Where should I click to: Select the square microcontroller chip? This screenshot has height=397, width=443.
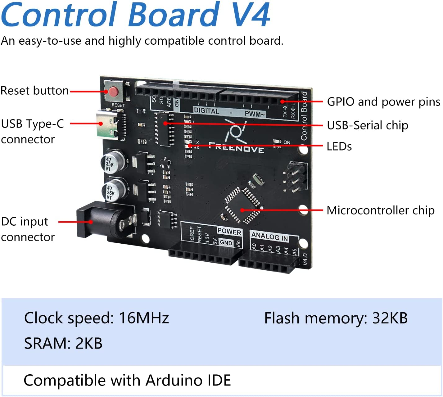[x=242, y=205]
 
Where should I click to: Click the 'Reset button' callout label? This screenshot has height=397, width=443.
[x=35, y=91]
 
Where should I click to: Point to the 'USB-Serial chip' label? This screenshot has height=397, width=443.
[x=368, y=125]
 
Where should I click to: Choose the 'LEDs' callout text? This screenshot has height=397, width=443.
[x=339, y=147]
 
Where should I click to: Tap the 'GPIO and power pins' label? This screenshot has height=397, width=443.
[x=384, y=102]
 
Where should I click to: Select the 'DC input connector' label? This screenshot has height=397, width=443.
[x=28, y=229]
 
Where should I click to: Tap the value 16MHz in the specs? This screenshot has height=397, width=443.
[x=144, y=318]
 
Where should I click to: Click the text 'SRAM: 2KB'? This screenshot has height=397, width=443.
[x=63, y=344]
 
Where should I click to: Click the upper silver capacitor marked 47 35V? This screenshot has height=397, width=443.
[x=113, y=161]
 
